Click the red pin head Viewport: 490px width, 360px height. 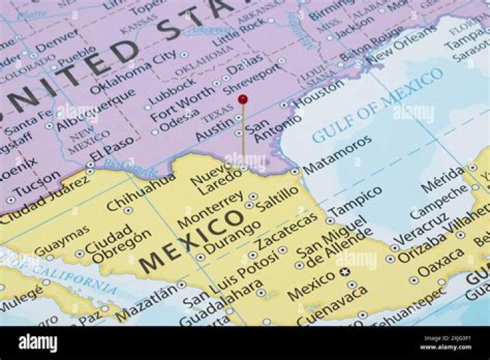click(x=243, y=99)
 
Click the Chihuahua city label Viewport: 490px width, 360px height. click(x=141, y=193)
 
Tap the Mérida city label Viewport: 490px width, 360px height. click(x=443, y=179)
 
